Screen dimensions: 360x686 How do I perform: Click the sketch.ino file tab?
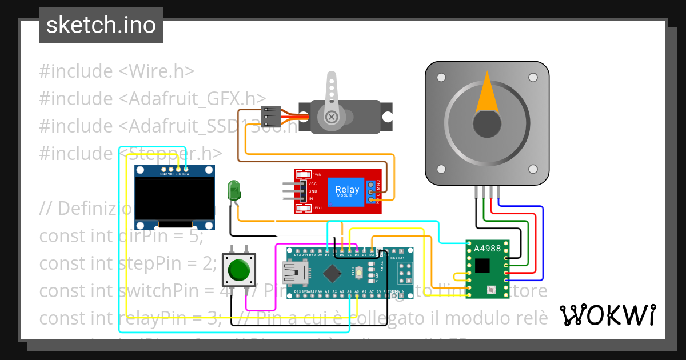pyautogui.click(x=101, y=25)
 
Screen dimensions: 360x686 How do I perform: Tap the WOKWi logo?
pyautogui.click(x=607, y=315)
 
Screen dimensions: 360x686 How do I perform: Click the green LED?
pyautogui.click(x=234, y=190)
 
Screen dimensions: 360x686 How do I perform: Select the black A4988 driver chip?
pyautogui.click(x=483, y=265)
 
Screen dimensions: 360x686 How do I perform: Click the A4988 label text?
pyautogui.click(x=487, y=249)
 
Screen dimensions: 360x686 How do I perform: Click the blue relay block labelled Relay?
pyautogui.click(x=346, y=191)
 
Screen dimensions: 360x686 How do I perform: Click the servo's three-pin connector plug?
pyautogui.click(x=269, y=116)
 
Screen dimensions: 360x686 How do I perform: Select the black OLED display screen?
pyautogui.click(x=174, y=201)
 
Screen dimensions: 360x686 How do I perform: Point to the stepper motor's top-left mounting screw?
pyautogui.click(x=441, y=77)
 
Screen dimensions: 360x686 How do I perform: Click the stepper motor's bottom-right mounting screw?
pyautogui.click(x=533, y=169)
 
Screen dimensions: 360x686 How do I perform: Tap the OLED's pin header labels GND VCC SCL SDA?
pyautogui.click(x=174, y=174)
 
